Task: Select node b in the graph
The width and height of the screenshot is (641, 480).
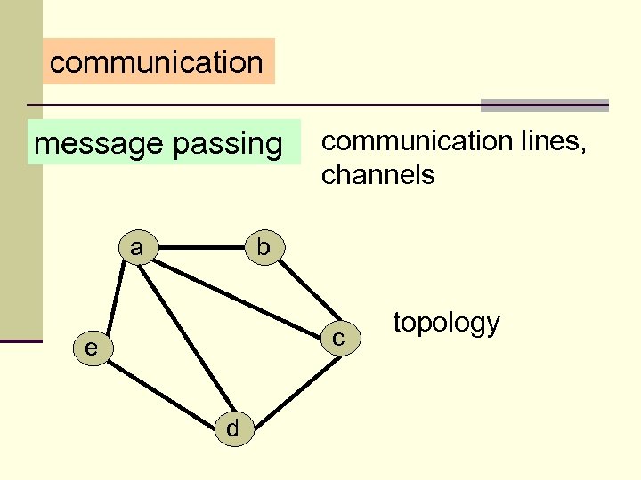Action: coord(263,247)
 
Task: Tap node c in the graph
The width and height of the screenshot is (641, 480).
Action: coord(338,338)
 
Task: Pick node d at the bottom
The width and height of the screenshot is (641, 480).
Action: coord(232,429)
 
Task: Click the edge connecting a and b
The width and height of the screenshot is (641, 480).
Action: coord(199,247)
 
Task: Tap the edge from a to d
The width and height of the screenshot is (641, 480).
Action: coord(184,339)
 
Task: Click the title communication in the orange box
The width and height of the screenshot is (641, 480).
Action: coord(157,62)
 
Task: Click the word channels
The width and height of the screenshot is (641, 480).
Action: coord(377,175)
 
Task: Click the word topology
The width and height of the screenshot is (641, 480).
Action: coord(446,323)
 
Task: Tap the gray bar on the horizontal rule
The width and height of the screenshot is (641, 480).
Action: coord(544,105)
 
